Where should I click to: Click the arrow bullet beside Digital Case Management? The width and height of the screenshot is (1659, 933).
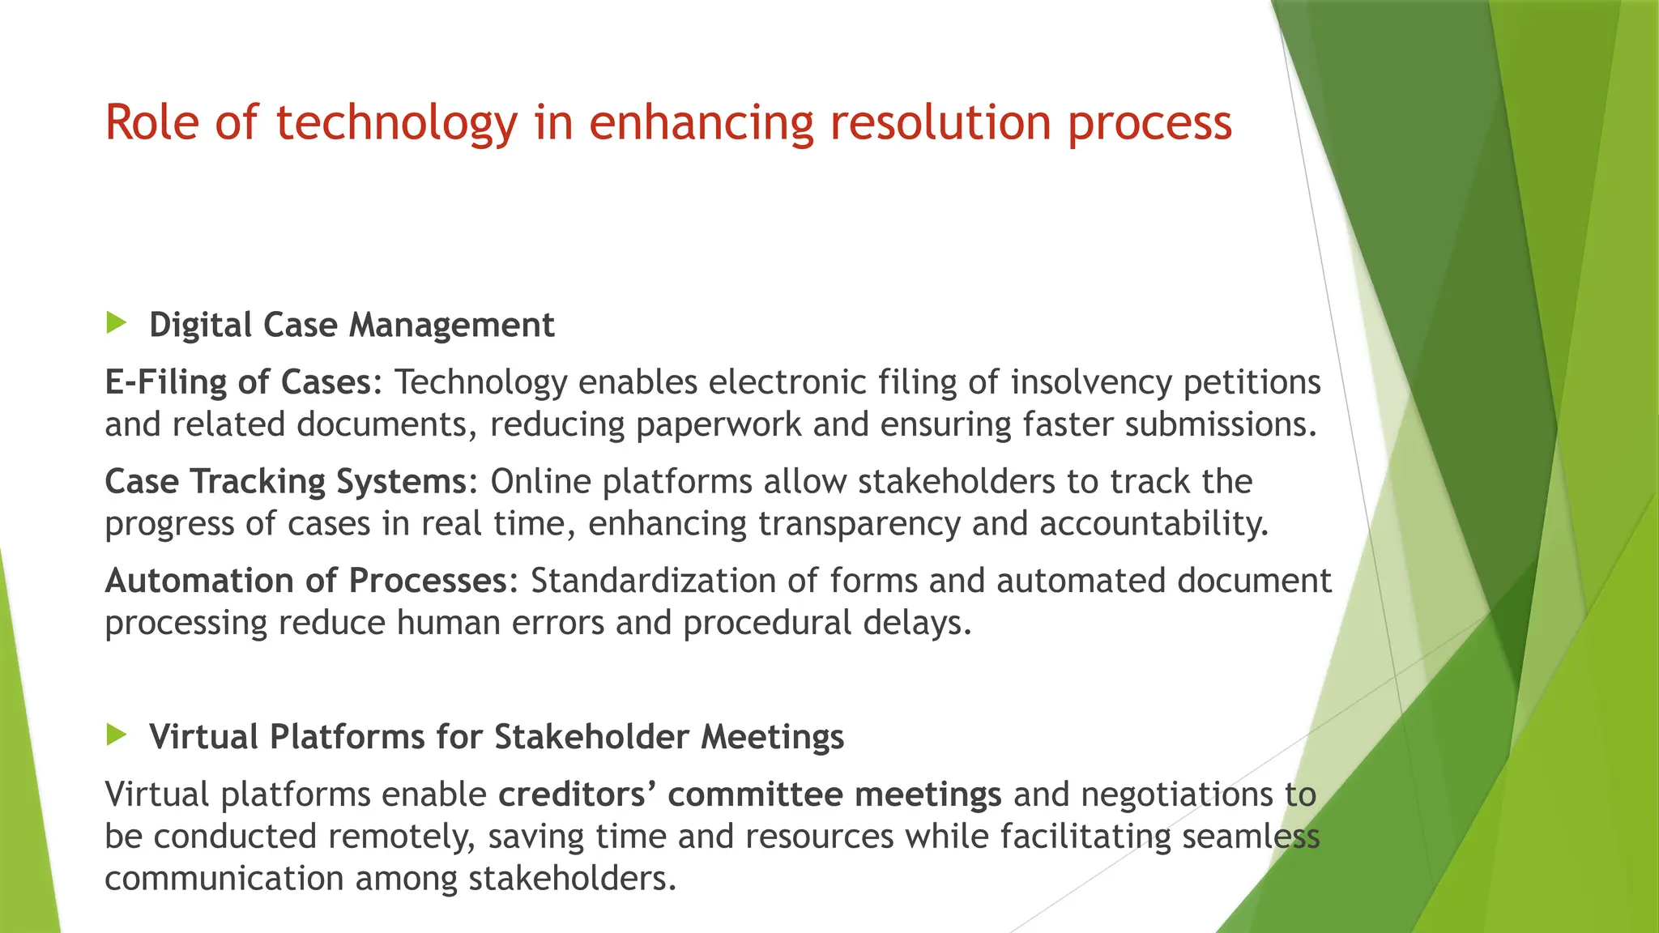click(x=117, y=323)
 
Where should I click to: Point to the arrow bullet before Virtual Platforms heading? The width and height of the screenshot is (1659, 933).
click(x=117, y=735)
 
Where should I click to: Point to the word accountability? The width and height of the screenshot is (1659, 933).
click(x=1154, y=524)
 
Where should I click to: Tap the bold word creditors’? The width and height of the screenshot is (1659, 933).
click(x=576, y=795)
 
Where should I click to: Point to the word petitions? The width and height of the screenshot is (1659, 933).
click(x=1252, y=382)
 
